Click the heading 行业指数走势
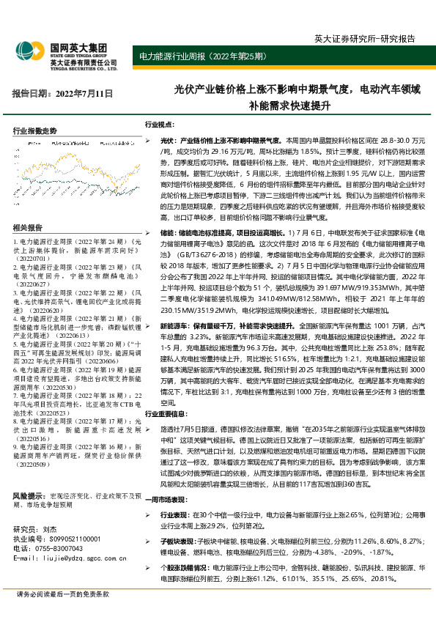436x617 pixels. (x=34, y=130)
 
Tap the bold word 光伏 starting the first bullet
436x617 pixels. (x=166, y=139)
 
